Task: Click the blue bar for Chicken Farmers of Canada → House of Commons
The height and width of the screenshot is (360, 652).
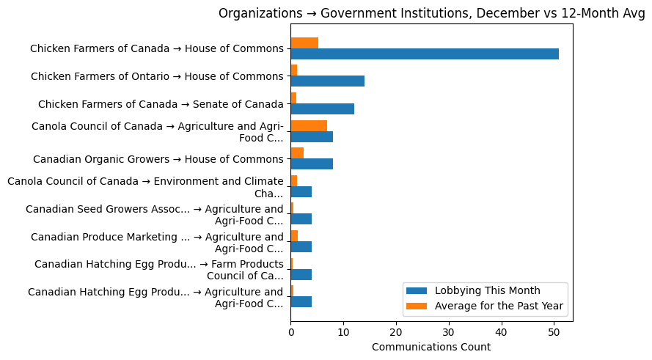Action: [425, 54]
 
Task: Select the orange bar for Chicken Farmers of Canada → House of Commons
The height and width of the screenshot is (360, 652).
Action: [304, 43]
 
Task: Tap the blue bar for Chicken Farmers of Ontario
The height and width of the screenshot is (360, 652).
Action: [327, 81]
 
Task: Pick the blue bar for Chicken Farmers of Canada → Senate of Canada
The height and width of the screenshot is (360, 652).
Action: [322, 109]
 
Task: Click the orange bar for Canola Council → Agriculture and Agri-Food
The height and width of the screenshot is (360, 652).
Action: [309, 126]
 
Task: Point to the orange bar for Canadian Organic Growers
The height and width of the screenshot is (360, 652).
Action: [297, 153]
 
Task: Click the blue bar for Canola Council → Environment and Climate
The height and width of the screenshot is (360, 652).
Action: [301, 192]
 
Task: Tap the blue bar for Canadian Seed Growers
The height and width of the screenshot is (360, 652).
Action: [301, 219]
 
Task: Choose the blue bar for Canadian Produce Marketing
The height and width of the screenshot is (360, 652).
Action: [301, 247]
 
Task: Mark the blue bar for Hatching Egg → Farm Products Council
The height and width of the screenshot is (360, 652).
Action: [301, 274]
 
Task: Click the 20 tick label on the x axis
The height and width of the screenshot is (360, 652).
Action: [396, 332]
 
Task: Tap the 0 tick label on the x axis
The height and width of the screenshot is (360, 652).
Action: [290, 332]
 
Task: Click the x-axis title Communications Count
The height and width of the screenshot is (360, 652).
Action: [431, 347]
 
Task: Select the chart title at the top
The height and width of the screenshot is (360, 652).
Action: [431, 13]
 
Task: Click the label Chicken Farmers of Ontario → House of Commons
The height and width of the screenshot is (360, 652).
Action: [157, 76]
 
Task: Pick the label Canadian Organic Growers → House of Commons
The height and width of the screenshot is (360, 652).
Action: [158, 159]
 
